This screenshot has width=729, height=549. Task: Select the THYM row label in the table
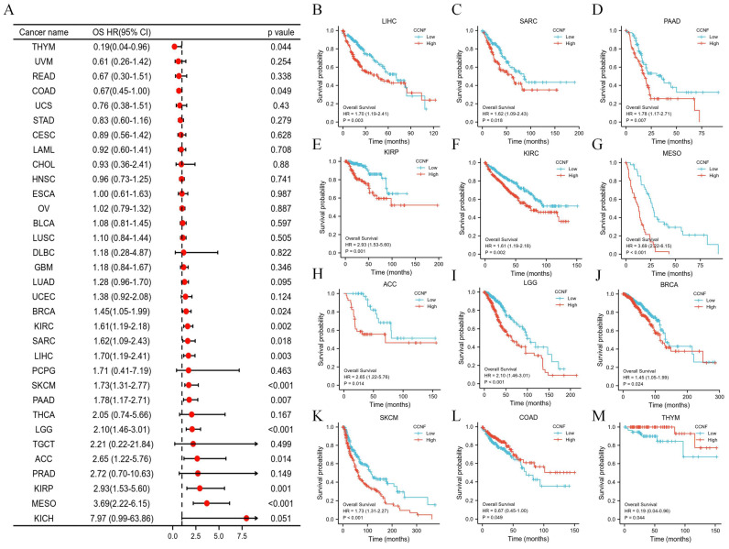click(x=33, y=44)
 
